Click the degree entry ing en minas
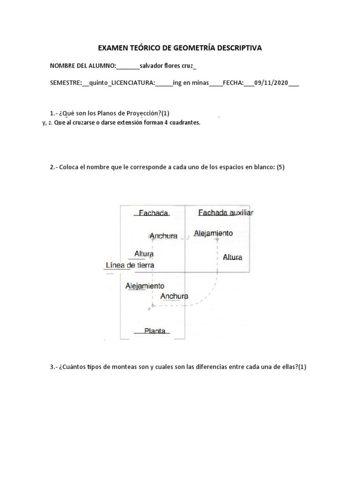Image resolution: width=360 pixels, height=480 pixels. click(190, 83)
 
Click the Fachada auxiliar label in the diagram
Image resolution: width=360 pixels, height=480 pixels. click(225, 213)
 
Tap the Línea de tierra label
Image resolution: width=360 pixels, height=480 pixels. click(130, 265)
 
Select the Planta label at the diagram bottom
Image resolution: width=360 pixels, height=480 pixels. click(155, 331)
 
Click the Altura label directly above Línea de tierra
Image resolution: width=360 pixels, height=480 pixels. click(144, 254)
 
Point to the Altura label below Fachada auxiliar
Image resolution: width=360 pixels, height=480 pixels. click(232, 257)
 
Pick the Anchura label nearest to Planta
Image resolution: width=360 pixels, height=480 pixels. click(174, 296)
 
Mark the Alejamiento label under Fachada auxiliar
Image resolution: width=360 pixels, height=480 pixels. click(213, 233)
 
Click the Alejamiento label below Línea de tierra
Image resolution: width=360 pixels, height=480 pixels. click(145, 285)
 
